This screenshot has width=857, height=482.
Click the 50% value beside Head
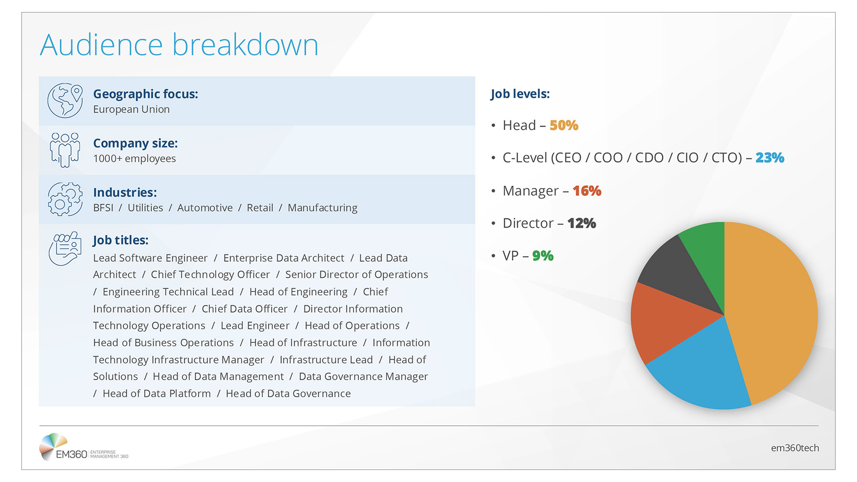click(564, 125)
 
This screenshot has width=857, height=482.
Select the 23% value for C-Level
click(770, 158)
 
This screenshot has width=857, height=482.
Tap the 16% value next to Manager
click(587, 191)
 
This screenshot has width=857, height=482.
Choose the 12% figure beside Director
click(581, 223)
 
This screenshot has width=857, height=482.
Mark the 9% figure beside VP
click(543, 256)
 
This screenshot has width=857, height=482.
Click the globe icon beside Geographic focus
click(65, 101)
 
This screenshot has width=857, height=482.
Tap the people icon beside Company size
click(65, 150)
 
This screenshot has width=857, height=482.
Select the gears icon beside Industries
click(65, 199)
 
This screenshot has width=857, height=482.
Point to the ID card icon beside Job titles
click(65, 248)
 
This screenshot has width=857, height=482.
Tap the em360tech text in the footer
click(795, 448)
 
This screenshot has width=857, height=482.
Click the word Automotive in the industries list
click(205, 208)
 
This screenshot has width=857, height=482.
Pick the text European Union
click(131, 109)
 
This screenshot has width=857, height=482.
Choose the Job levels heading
click(520, 94)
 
